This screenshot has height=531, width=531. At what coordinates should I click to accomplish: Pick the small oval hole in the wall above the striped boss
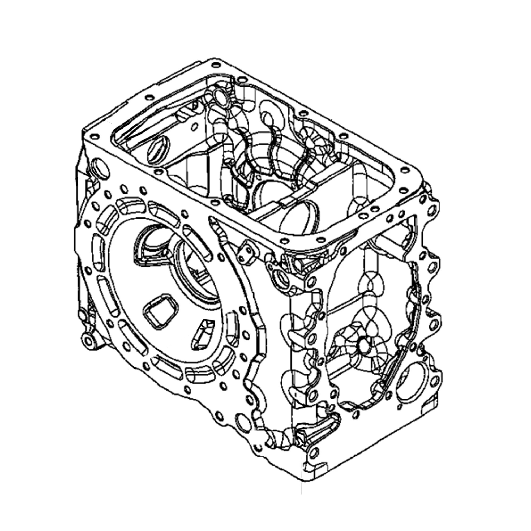[194, 127]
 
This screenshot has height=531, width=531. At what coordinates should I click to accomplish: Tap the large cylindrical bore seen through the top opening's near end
[299, 217]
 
